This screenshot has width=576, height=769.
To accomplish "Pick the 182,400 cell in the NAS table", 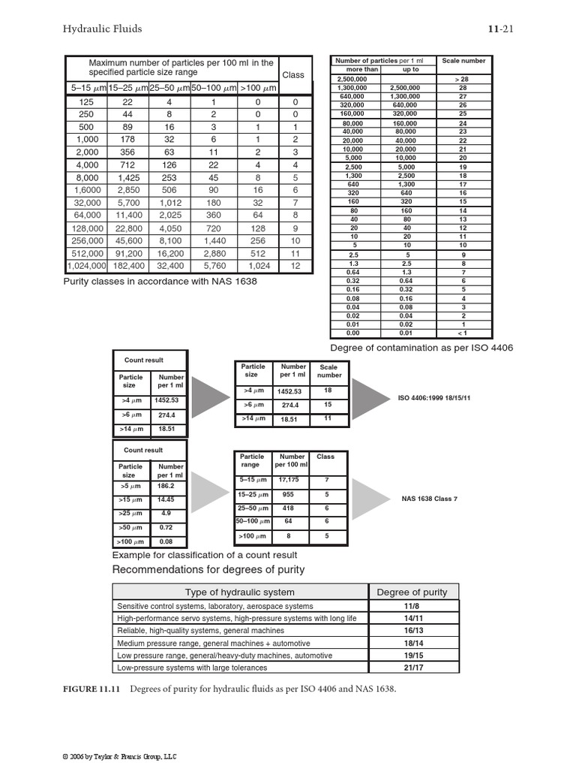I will click(x=127, y=266).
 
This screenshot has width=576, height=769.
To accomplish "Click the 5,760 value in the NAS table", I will click(x=213, y=266).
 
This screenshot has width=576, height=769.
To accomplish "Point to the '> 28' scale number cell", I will click(x=463, y=78).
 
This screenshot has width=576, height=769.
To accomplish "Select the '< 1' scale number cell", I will click(x=463, y=333).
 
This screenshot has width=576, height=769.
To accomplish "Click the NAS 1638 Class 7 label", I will click(x=429, y=498).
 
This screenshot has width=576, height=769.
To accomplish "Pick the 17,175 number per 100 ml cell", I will click(x=289, y=479).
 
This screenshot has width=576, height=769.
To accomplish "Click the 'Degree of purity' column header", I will click(x=412, y=592).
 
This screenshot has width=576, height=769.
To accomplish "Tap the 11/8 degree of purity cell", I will click(x=412, y=605).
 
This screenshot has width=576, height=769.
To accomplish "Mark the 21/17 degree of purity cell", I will click(x=412, y=667).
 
